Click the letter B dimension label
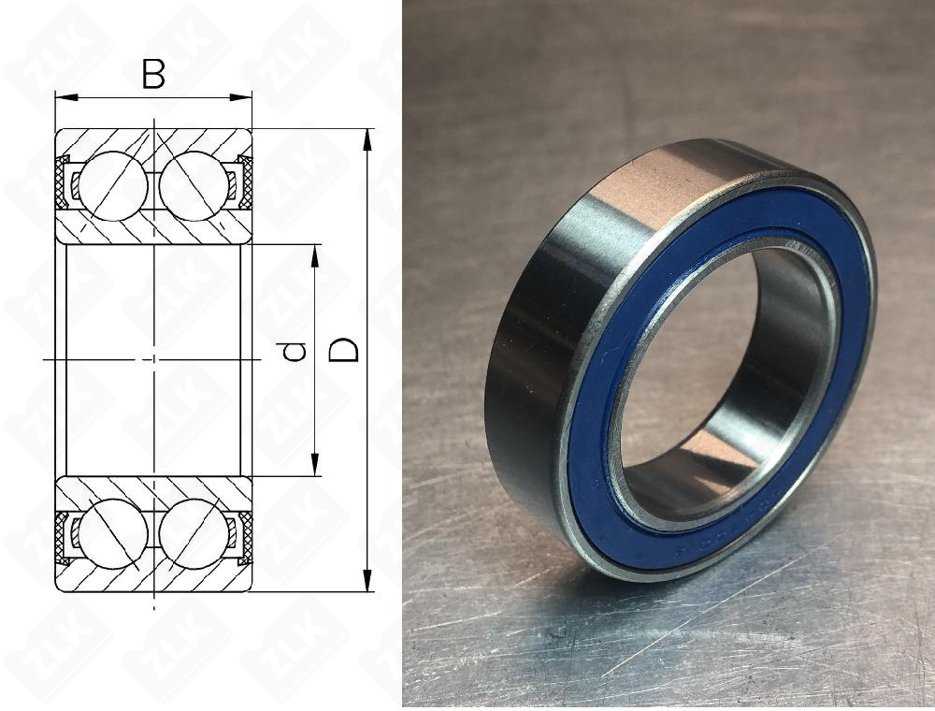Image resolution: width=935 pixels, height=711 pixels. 153,74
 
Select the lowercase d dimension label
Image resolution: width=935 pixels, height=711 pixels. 295,352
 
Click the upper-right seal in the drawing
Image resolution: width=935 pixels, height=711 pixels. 245,183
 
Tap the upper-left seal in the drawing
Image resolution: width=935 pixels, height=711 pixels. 64,183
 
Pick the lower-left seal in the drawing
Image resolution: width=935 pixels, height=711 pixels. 64,537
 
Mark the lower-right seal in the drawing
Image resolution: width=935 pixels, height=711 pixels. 245,537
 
